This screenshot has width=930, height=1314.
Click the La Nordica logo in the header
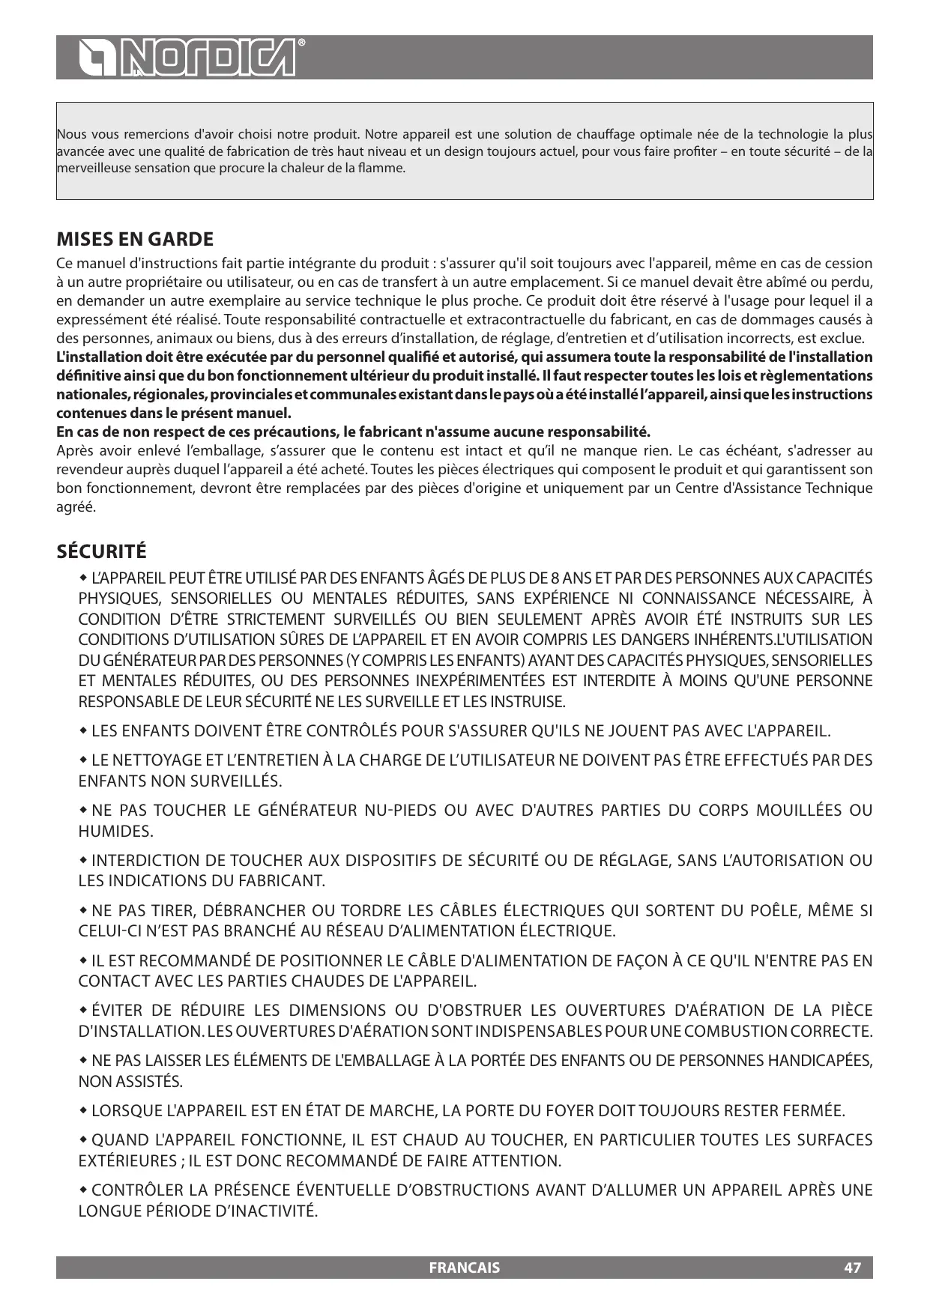188,58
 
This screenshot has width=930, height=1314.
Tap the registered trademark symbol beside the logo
301,43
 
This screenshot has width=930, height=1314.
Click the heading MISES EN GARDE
135,240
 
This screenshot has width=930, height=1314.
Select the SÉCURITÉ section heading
102,552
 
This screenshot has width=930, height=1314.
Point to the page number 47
852,1268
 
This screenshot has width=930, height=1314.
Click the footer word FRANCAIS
464,1268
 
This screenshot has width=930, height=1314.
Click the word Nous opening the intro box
71,135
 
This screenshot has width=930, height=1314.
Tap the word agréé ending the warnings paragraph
76,507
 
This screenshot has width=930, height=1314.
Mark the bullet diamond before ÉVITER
83,1010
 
